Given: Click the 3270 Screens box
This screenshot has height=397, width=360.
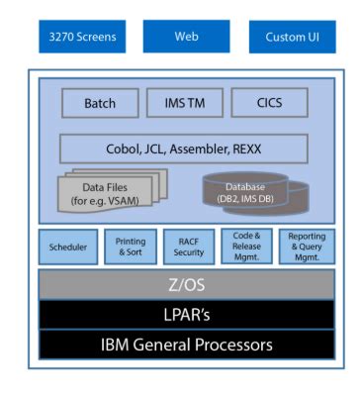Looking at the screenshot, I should (83, 38).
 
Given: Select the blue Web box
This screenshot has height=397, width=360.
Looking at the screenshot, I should (185, 38).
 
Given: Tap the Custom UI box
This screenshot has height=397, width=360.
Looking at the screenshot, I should (292, 38).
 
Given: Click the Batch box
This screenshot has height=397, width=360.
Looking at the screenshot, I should (100, 103).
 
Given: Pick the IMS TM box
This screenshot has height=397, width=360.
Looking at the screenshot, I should (184, 103).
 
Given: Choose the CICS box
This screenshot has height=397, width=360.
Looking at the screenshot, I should (268, 103).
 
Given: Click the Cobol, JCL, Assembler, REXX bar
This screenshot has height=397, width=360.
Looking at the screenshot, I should (184, 149).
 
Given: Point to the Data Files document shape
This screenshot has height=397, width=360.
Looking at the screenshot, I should (105, 190).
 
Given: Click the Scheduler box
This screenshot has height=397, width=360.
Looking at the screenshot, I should (68, 247).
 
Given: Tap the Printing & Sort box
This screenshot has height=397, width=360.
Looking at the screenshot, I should (131, 247).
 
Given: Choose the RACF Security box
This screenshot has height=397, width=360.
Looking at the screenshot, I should (188, 247).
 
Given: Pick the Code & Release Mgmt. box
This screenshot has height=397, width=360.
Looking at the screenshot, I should (246, 247).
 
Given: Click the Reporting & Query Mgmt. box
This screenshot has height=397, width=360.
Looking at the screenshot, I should (307, 247).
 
